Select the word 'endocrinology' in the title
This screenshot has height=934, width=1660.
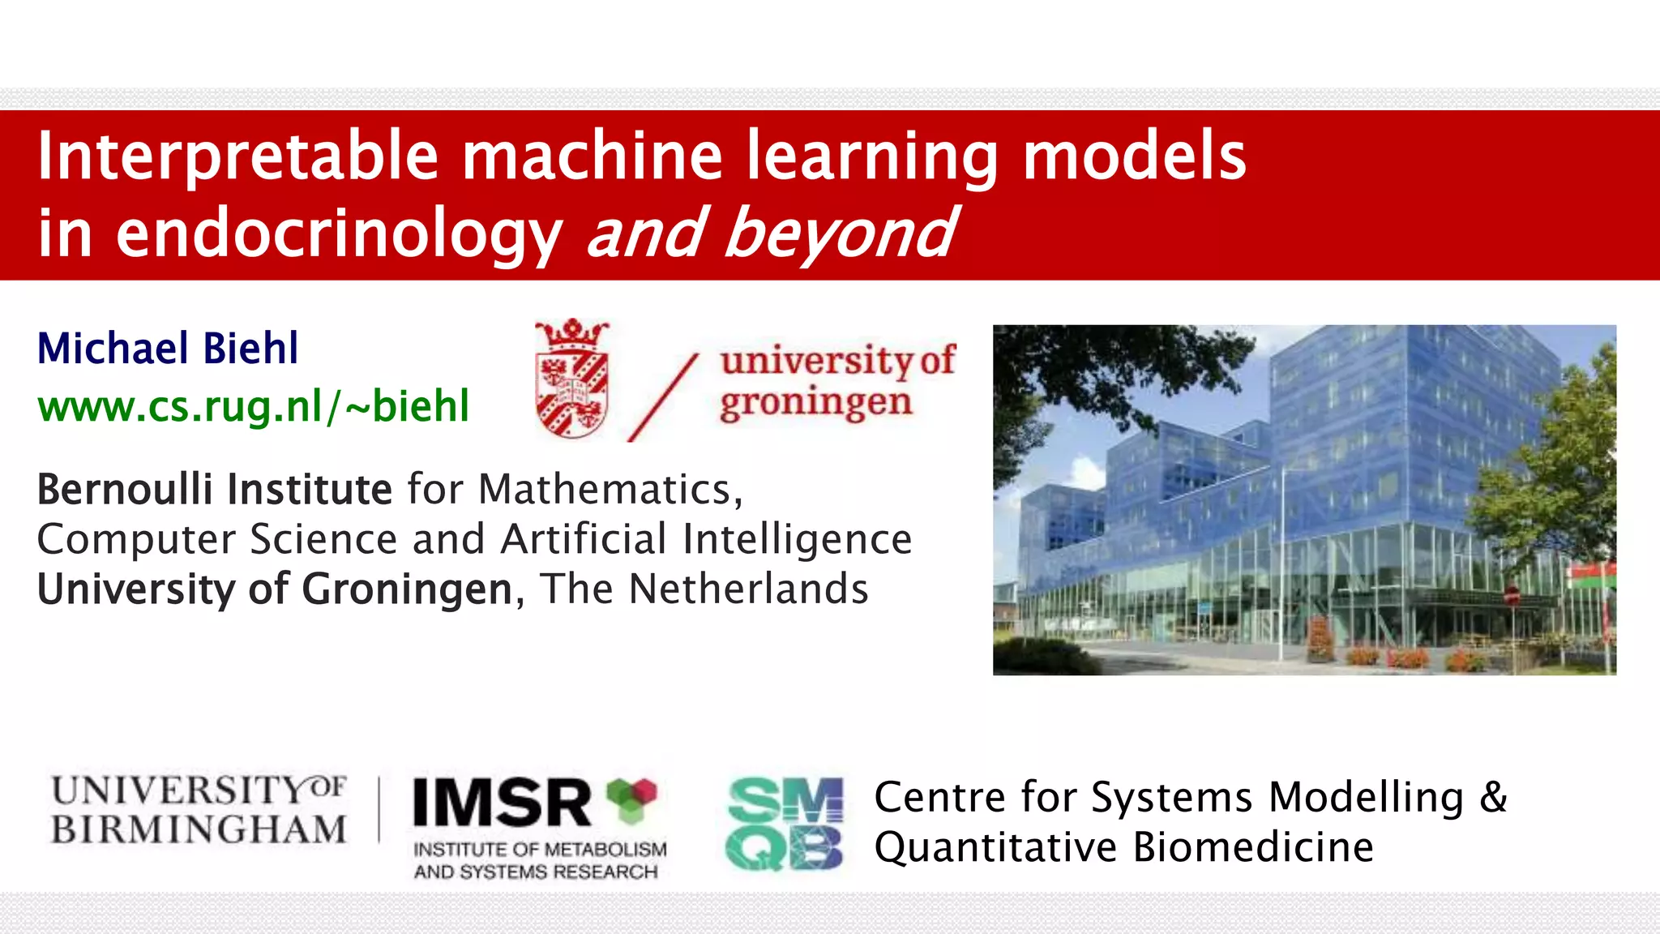pyautogui.click(x=339, y=233)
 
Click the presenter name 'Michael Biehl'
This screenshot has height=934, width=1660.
pyautogui.click(x=168, y=349)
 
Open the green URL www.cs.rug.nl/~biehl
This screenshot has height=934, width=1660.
pyautogui.click(x=254, y=406)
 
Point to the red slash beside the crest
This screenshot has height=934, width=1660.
pyautogui.click(x=663, y=397)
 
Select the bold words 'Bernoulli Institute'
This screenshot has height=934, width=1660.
pyautogui.click(x=215, y=490)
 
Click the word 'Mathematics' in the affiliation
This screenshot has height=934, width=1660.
pyautogui.click(x=605, y=490)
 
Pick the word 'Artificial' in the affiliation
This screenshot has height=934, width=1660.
pyautogui.click(x=584, y=539)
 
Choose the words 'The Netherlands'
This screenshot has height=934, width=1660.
pyautogui.click(x=704, y=589)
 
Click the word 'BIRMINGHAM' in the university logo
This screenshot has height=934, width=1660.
pyautogui.click(x=199, y=829)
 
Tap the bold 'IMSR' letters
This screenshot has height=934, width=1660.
pyautogui.click(x=502, y=803)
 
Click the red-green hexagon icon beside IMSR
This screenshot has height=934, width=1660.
pyautogui.click(x=631, y=798)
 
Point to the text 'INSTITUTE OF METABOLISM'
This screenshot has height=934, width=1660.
pyautogui.click(x=540, y=849)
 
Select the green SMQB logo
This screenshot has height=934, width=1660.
pyautogui.click(x=785, y=824)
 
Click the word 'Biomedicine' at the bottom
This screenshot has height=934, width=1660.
pyautogui.click(x=1253, y=847)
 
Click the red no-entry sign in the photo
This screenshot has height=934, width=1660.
pyautogui.click(x=1512, y=597)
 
